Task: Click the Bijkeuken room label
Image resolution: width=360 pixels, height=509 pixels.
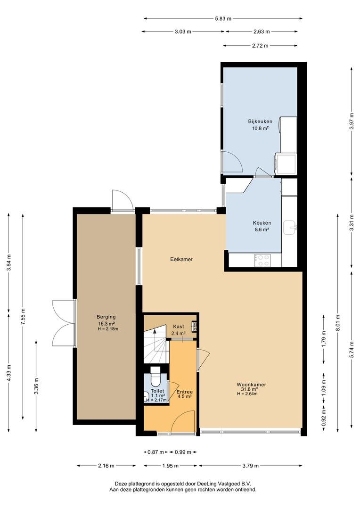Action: point(260,122)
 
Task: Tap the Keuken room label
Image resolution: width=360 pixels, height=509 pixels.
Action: point(262,223)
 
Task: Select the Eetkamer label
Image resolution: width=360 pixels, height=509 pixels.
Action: point(181,259)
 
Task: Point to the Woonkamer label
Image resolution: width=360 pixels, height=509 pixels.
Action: point(251,385)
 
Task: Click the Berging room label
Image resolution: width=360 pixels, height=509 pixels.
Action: point(106,317)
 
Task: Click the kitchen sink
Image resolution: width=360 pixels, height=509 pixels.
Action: point(290,227)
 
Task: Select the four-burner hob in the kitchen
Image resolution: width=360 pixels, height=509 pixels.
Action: point(262,260)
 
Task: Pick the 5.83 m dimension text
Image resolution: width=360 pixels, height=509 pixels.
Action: point(223,18)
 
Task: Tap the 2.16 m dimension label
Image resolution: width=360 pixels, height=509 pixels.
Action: point(106,466)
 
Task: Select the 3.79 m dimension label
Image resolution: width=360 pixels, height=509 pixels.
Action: point(250,466)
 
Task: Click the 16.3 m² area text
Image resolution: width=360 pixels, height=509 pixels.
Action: point(106,323)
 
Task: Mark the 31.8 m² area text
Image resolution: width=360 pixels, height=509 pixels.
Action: point(249,389)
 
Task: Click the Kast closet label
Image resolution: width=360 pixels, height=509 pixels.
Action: point(178,326)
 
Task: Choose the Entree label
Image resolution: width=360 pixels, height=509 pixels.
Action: point(185,392)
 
